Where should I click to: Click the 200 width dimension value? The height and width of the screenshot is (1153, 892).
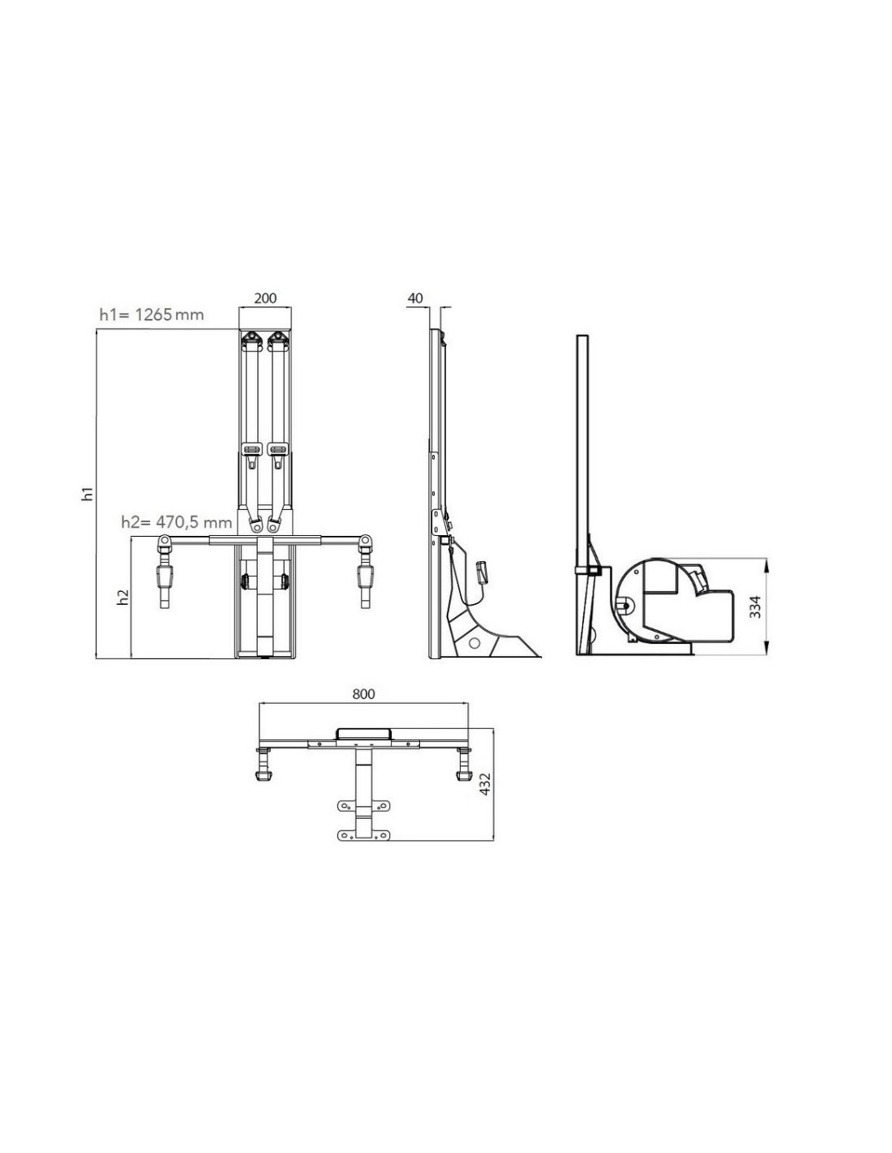265,298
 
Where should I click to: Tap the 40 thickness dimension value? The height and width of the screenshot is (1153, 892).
415,298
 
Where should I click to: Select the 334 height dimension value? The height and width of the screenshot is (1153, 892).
755,607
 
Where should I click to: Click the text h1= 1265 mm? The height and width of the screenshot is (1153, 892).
152,315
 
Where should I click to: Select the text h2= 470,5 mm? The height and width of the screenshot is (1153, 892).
177,522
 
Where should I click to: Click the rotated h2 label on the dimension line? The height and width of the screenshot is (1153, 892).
123,598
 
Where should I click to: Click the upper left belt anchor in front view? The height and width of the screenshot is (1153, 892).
252,340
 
